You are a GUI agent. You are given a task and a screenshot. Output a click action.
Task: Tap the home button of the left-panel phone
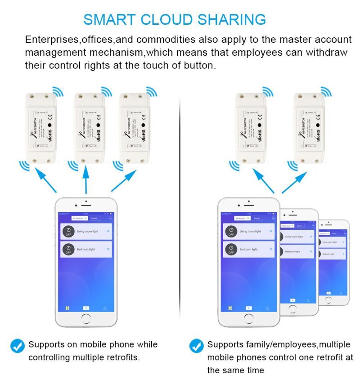86,319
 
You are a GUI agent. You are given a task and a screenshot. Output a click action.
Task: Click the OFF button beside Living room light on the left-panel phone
68,231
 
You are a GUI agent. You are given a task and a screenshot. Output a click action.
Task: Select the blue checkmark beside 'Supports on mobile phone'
18,346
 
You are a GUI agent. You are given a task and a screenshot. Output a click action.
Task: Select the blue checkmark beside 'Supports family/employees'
196,346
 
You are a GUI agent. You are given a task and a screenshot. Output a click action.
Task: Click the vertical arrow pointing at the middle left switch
86,180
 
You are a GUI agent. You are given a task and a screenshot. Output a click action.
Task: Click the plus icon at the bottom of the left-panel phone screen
86,308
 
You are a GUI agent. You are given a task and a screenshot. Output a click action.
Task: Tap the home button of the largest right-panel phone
248,319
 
